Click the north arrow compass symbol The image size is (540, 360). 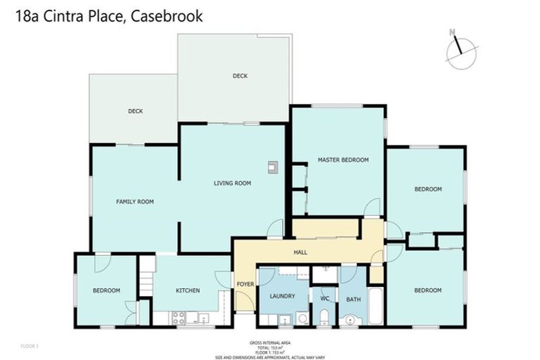pyautogui.click(x=461, y=50)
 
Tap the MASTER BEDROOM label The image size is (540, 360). pyautogui.click(x=342, y=160)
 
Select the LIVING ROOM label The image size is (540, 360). pyautogui.click(x=232, y=184)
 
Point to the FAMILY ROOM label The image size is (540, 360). pyautogui.click(x=134, y=202)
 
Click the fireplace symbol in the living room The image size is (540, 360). pyautogui.click(x=272, y=167)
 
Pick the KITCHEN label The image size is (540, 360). pyautogui.click(x=188, y=290)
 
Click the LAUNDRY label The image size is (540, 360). pyautogui.click(x=282, y=296)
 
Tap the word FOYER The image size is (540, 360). pyautogui.click(x=245, y=284)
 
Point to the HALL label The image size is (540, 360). pyautogui.click(x=300, y=252)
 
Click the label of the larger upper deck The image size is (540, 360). pyautogui.click(x=240, y=76)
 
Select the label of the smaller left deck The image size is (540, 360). pyautogui.click(x=135, y=111)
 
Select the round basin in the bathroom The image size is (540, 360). pyautogui.click(x=349, y=321)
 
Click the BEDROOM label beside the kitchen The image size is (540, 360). pyautogui.click(x=106, y=290)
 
